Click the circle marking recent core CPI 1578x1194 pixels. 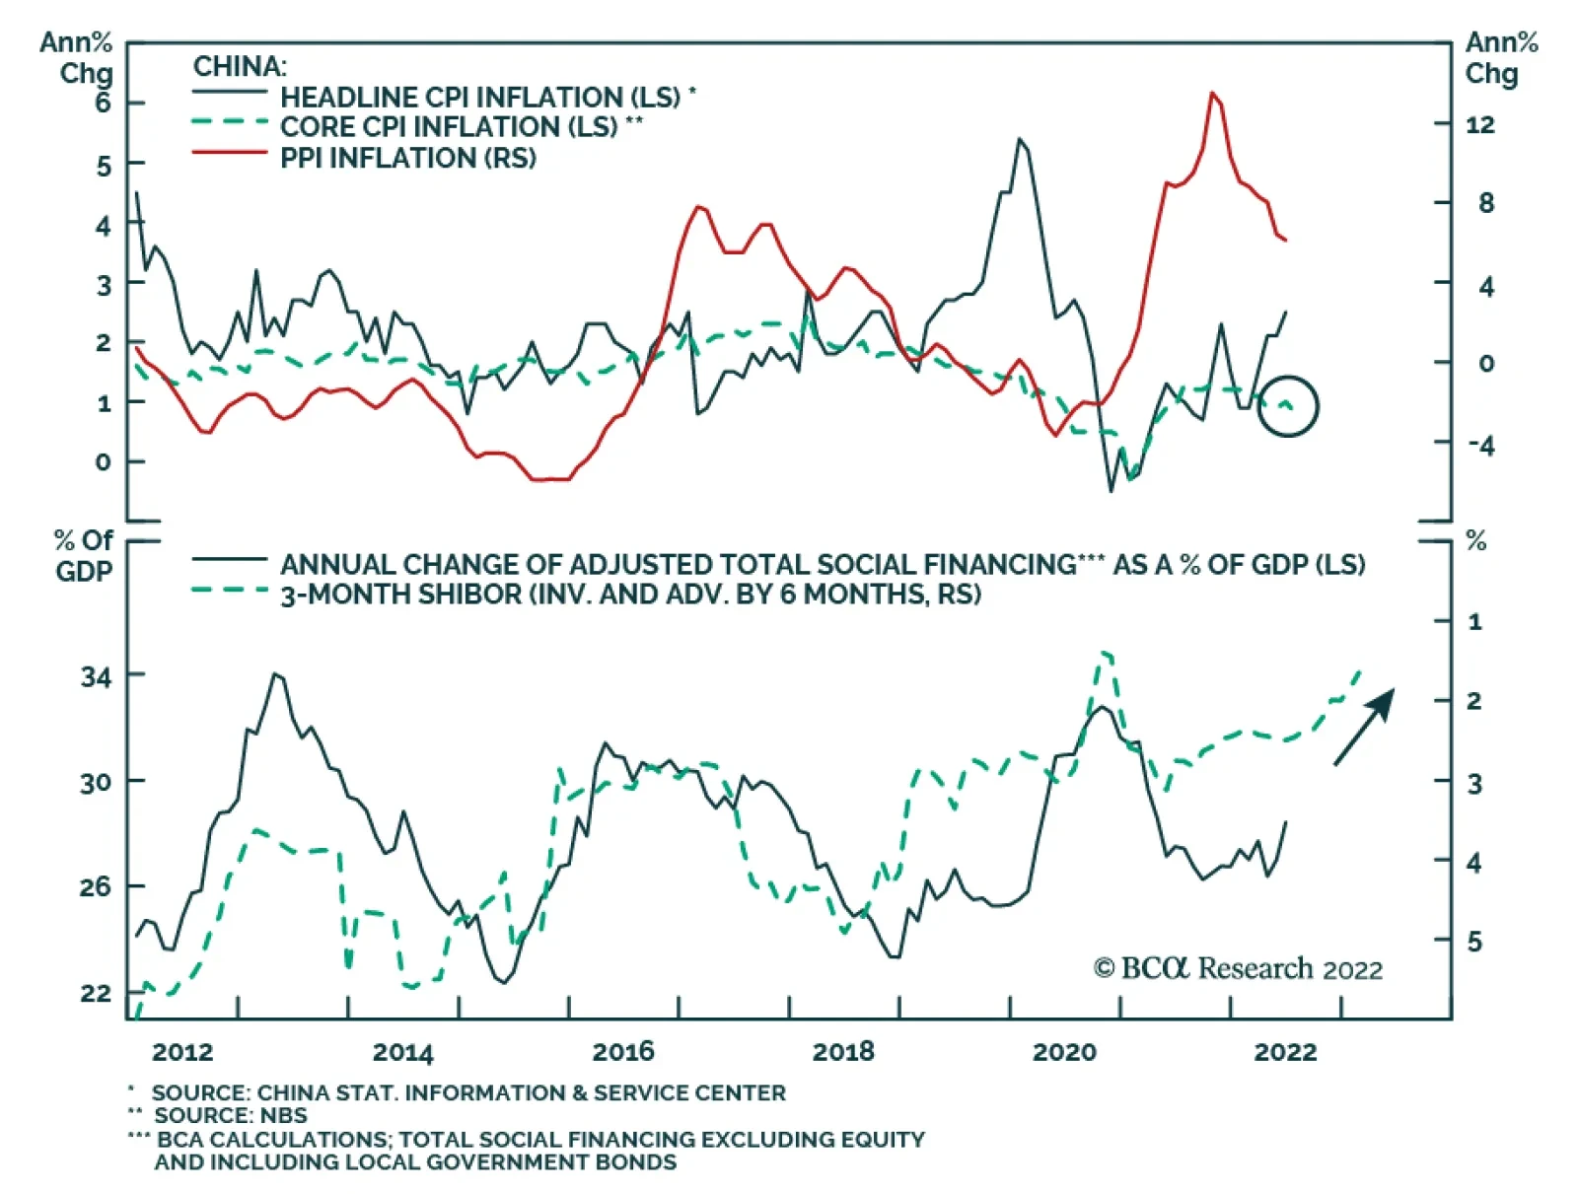pyautogui.click(x=1288, y=406)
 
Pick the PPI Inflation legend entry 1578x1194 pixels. pyautogui.click(x=407, y=158)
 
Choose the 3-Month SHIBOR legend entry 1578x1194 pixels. pyautogui.click(x=630, y=595)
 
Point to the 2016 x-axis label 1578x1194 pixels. pyautogui.click(x=622, y=1052)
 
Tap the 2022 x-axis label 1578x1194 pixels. pyautogui.click(x=1284, y=1052)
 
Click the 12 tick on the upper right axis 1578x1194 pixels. pyautogui.click(x=1479, y=124)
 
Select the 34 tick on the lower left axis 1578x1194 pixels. pyautogui.click(x=97, y=676)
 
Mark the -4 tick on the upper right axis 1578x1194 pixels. pyautogui.click(x=1480, y=446)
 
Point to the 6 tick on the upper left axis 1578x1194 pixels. pyautogui.click(x=104, y=103)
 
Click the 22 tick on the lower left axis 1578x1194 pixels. pyautogui.click(x=97, y=993)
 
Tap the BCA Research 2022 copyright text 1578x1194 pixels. pyautogui.click(x=1238, y=969)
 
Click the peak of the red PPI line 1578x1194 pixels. pyautogui.click(x=1212, y=93)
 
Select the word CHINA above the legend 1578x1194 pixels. pyautogui.click(x=240, y=67)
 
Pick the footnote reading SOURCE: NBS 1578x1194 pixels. pyautogui.click(x=230, y=1115)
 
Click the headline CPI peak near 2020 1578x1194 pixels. pyautogui.click(x=1020, y=139)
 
